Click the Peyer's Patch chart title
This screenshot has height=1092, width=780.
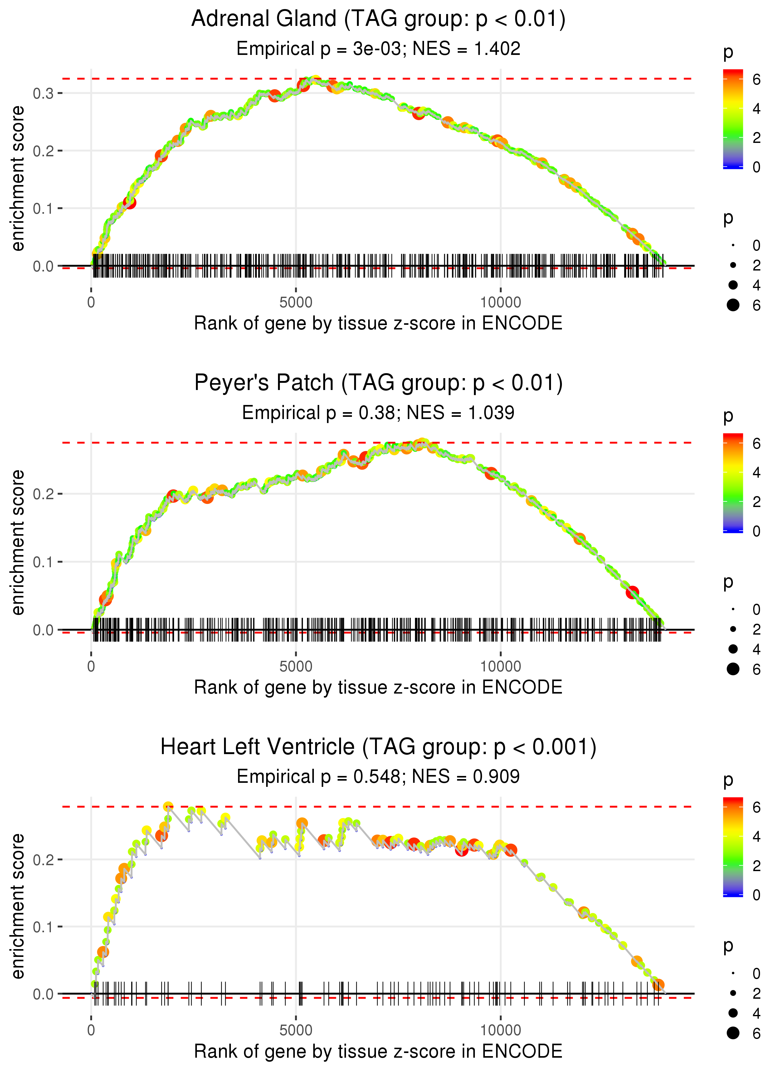(x=378, y=383)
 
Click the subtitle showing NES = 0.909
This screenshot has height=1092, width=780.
(x=378, y=777)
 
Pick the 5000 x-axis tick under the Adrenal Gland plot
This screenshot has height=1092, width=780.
(x=295, y=303)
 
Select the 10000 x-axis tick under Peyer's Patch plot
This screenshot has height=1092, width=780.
(x=500, y=666)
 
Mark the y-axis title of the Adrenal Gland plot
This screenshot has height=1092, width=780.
(x=18, y=179)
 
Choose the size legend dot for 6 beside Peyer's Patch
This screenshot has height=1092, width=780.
(x=733, y=669)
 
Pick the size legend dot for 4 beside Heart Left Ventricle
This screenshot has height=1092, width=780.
(x=733, y=1013)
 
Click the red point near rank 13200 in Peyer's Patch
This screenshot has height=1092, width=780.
(x=632, y=592)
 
